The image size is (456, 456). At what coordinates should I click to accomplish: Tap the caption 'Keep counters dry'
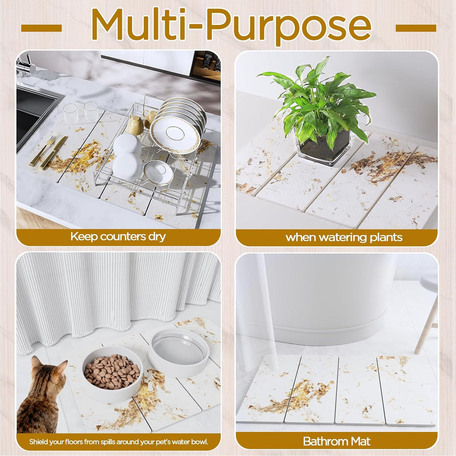pyautogui.click(x=118, y=237)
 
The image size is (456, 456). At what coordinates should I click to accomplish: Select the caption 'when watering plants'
pyautogui.click(x=344, y=237)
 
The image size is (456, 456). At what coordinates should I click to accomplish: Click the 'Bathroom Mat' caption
pyautogui.click(x=337, y=441)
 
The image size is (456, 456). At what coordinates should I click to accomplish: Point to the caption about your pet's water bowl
pyautogui.click(x=118, y=442)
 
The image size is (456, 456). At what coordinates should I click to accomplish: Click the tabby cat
pyautogui.click(x=40, y=401)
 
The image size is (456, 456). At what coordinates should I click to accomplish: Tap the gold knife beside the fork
pyautogui.click(x=53, y=154)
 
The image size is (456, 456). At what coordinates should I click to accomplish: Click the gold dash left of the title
pyautogui.click(x=41, y=28)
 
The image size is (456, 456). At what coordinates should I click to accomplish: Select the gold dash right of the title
pyautogui.click(x=415, y=28)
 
